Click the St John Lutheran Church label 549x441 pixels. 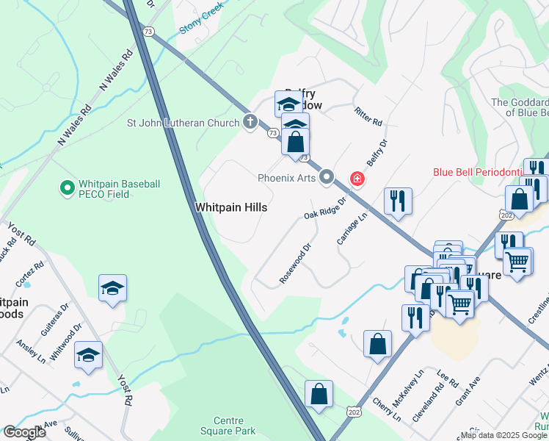(183, 122)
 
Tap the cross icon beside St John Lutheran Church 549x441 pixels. (250, 121)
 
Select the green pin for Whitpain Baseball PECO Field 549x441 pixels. (67, 188)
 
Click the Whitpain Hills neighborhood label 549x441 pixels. (230, 208)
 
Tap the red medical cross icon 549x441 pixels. (357, 178)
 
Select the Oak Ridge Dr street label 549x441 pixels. (324, 208)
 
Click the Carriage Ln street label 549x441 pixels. (351, 229)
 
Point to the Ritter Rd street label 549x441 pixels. (368, 115)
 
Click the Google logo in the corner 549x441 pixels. (24, 432)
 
